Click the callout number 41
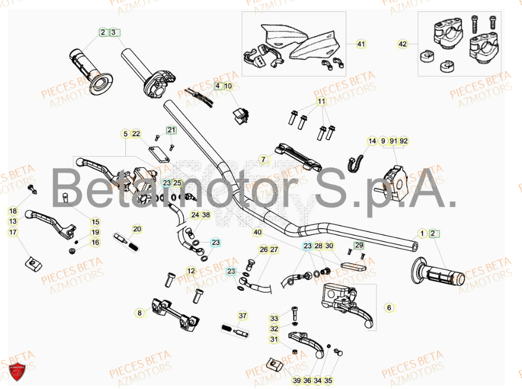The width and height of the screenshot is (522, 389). [361, 44]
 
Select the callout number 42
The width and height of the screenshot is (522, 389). [403, 44]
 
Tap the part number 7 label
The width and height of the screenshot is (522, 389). [263, 159]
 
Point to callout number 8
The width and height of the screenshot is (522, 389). [139, 313]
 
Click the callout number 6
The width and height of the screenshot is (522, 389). [389, 308]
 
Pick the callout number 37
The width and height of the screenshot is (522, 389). [242, 316]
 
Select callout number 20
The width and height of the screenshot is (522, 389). [137, 229]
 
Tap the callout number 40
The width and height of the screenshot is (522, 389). [258, 233]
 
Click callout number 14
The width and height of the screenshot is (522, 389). [373, 141]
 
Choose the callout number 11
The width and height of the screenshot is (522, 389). [321, 101]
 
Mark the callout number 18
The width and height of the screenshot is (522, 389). [13, 211]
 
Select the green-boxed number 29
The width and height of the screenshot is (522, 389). [359, 245]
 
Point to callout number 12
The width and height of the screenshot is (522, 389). [191, 270]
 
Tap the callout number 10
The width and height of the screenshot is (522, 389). [228, 87]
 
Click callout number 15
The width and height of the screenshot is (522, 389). [96, 222]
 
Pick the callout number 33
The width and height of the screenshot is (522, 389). [274, 319]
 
